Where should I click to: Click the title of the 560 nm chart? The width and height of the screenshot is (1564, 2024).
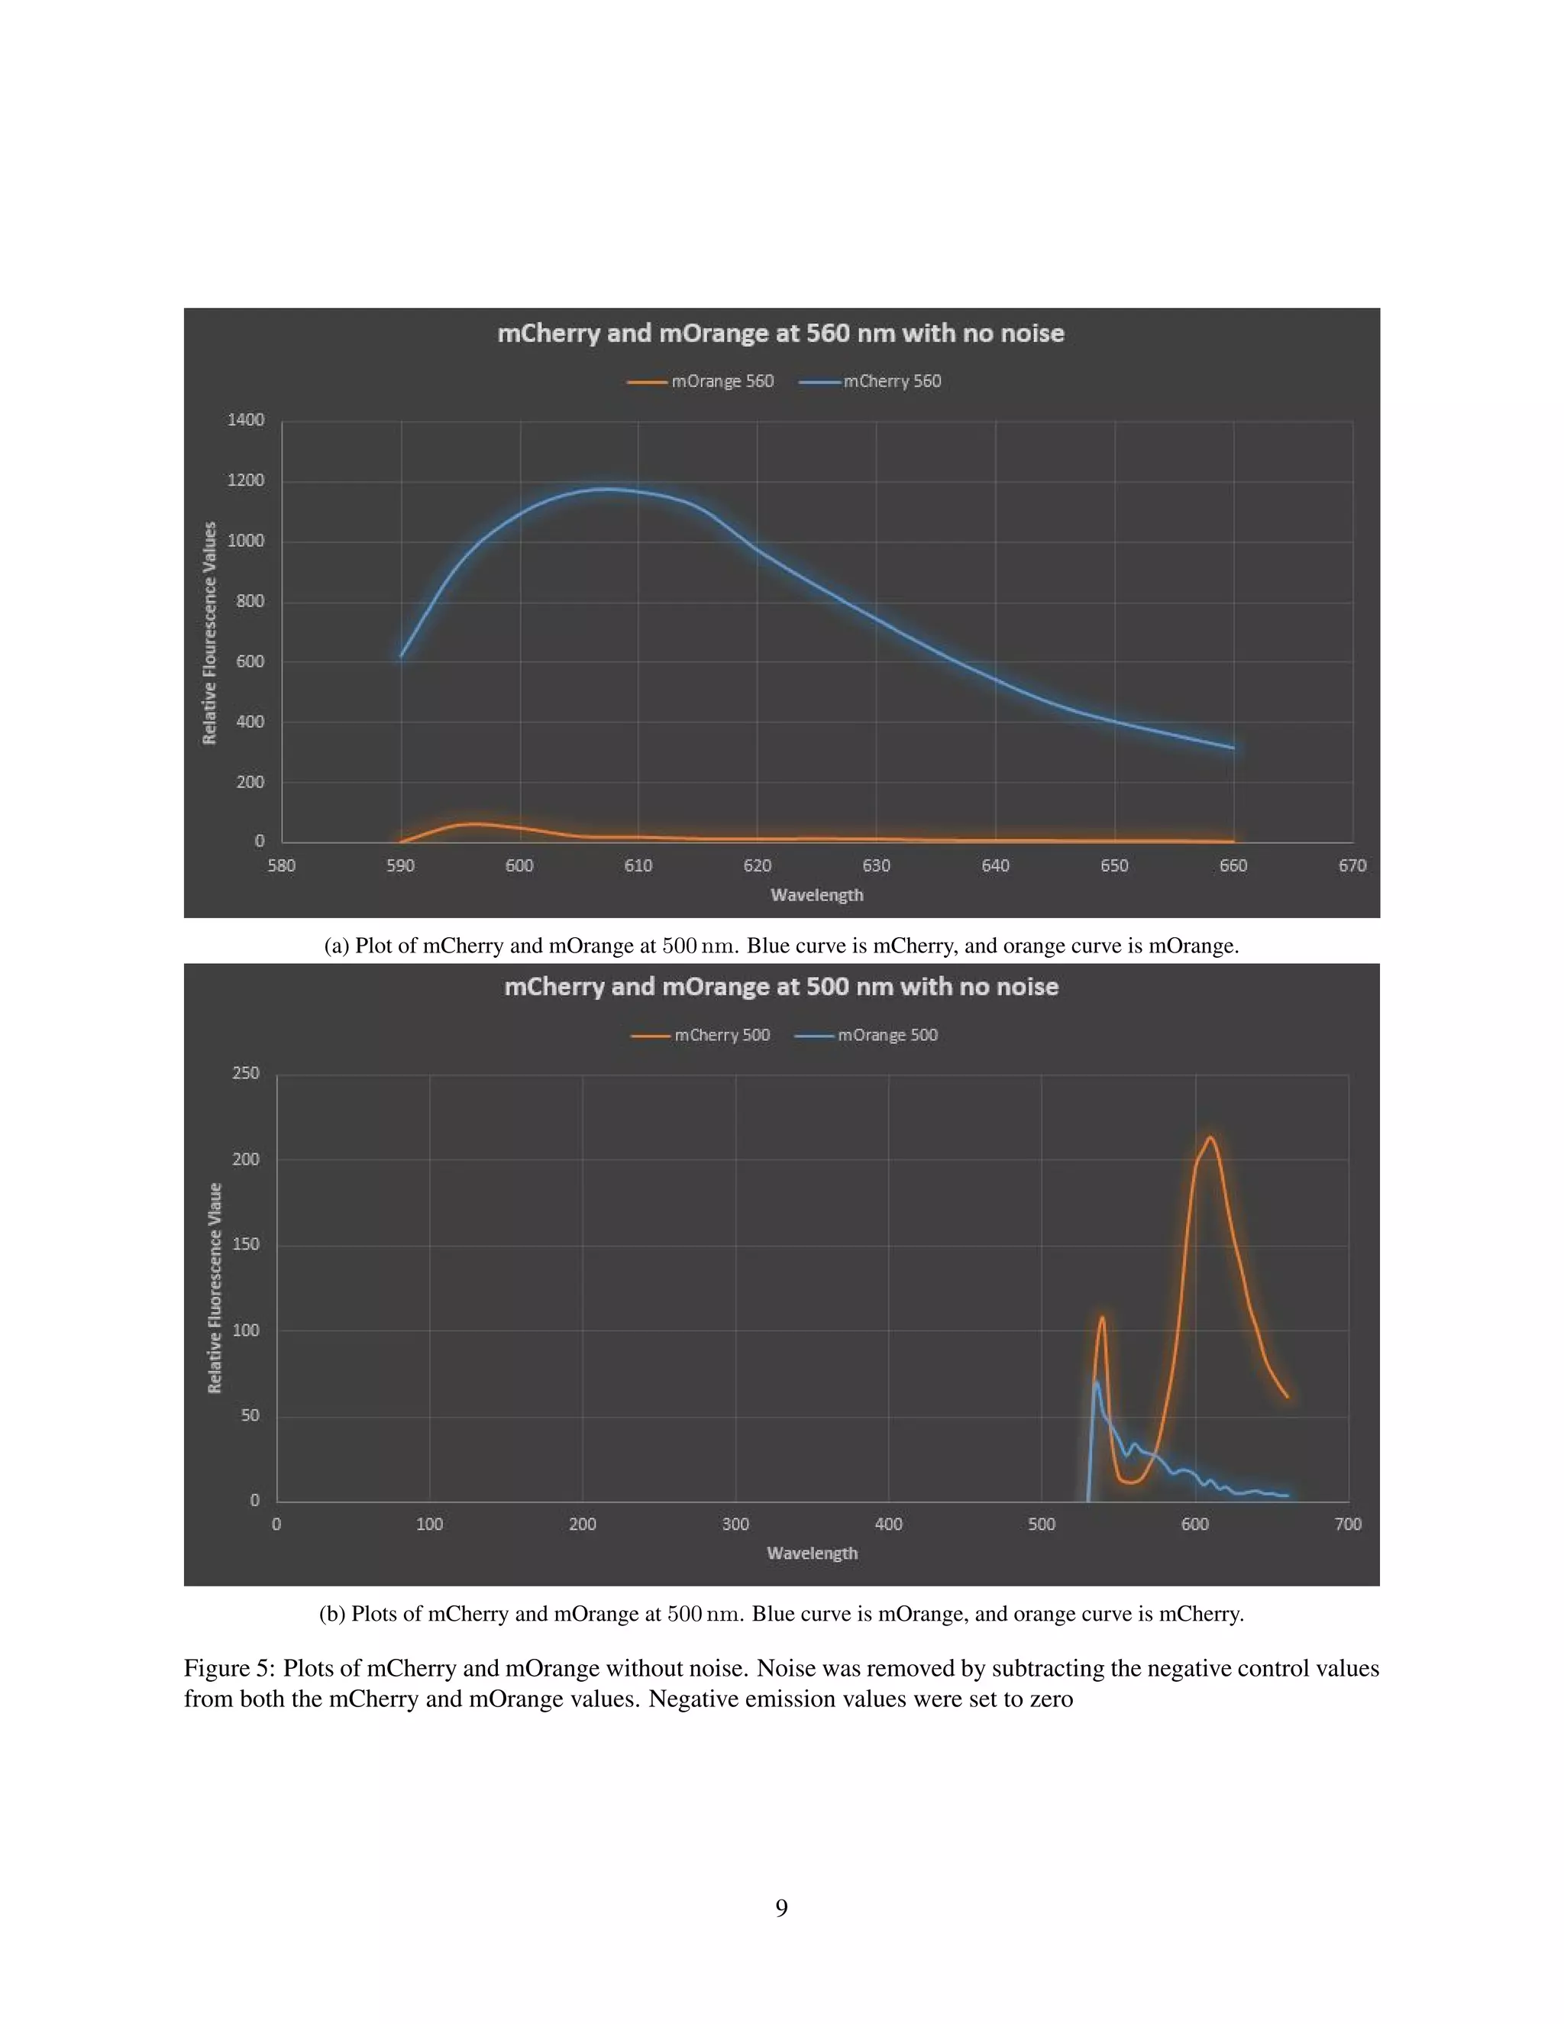780,334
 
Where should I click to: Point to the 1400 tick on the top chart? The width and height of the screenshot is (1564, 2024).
246,421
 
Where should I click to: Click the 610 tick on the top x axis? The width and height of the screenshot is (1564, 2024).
638,865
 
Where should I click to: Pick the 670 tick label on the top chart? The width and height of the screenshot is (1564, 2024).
1352,865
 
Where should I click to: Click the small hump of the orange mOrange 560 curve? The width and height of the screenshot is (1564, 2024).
473,823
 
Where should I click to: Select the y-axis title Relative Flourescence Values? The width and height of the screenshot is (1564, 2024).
209,633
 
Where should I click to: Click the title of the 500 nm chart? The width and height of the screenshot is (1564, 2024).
780,987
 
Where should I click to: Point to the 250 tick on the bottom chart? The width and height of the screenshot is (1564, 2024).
246,1073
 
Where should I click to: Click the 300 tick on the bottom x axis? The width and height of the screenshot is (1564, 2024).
735,1524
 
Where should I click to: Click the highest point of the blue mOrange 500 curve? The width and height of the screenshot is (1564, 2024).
1096,1382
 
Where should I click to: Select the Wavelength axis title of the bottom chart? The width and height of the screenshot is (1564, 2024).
812,1554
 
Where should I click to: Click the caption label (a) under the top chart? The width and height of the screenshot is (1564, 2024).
335,946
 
